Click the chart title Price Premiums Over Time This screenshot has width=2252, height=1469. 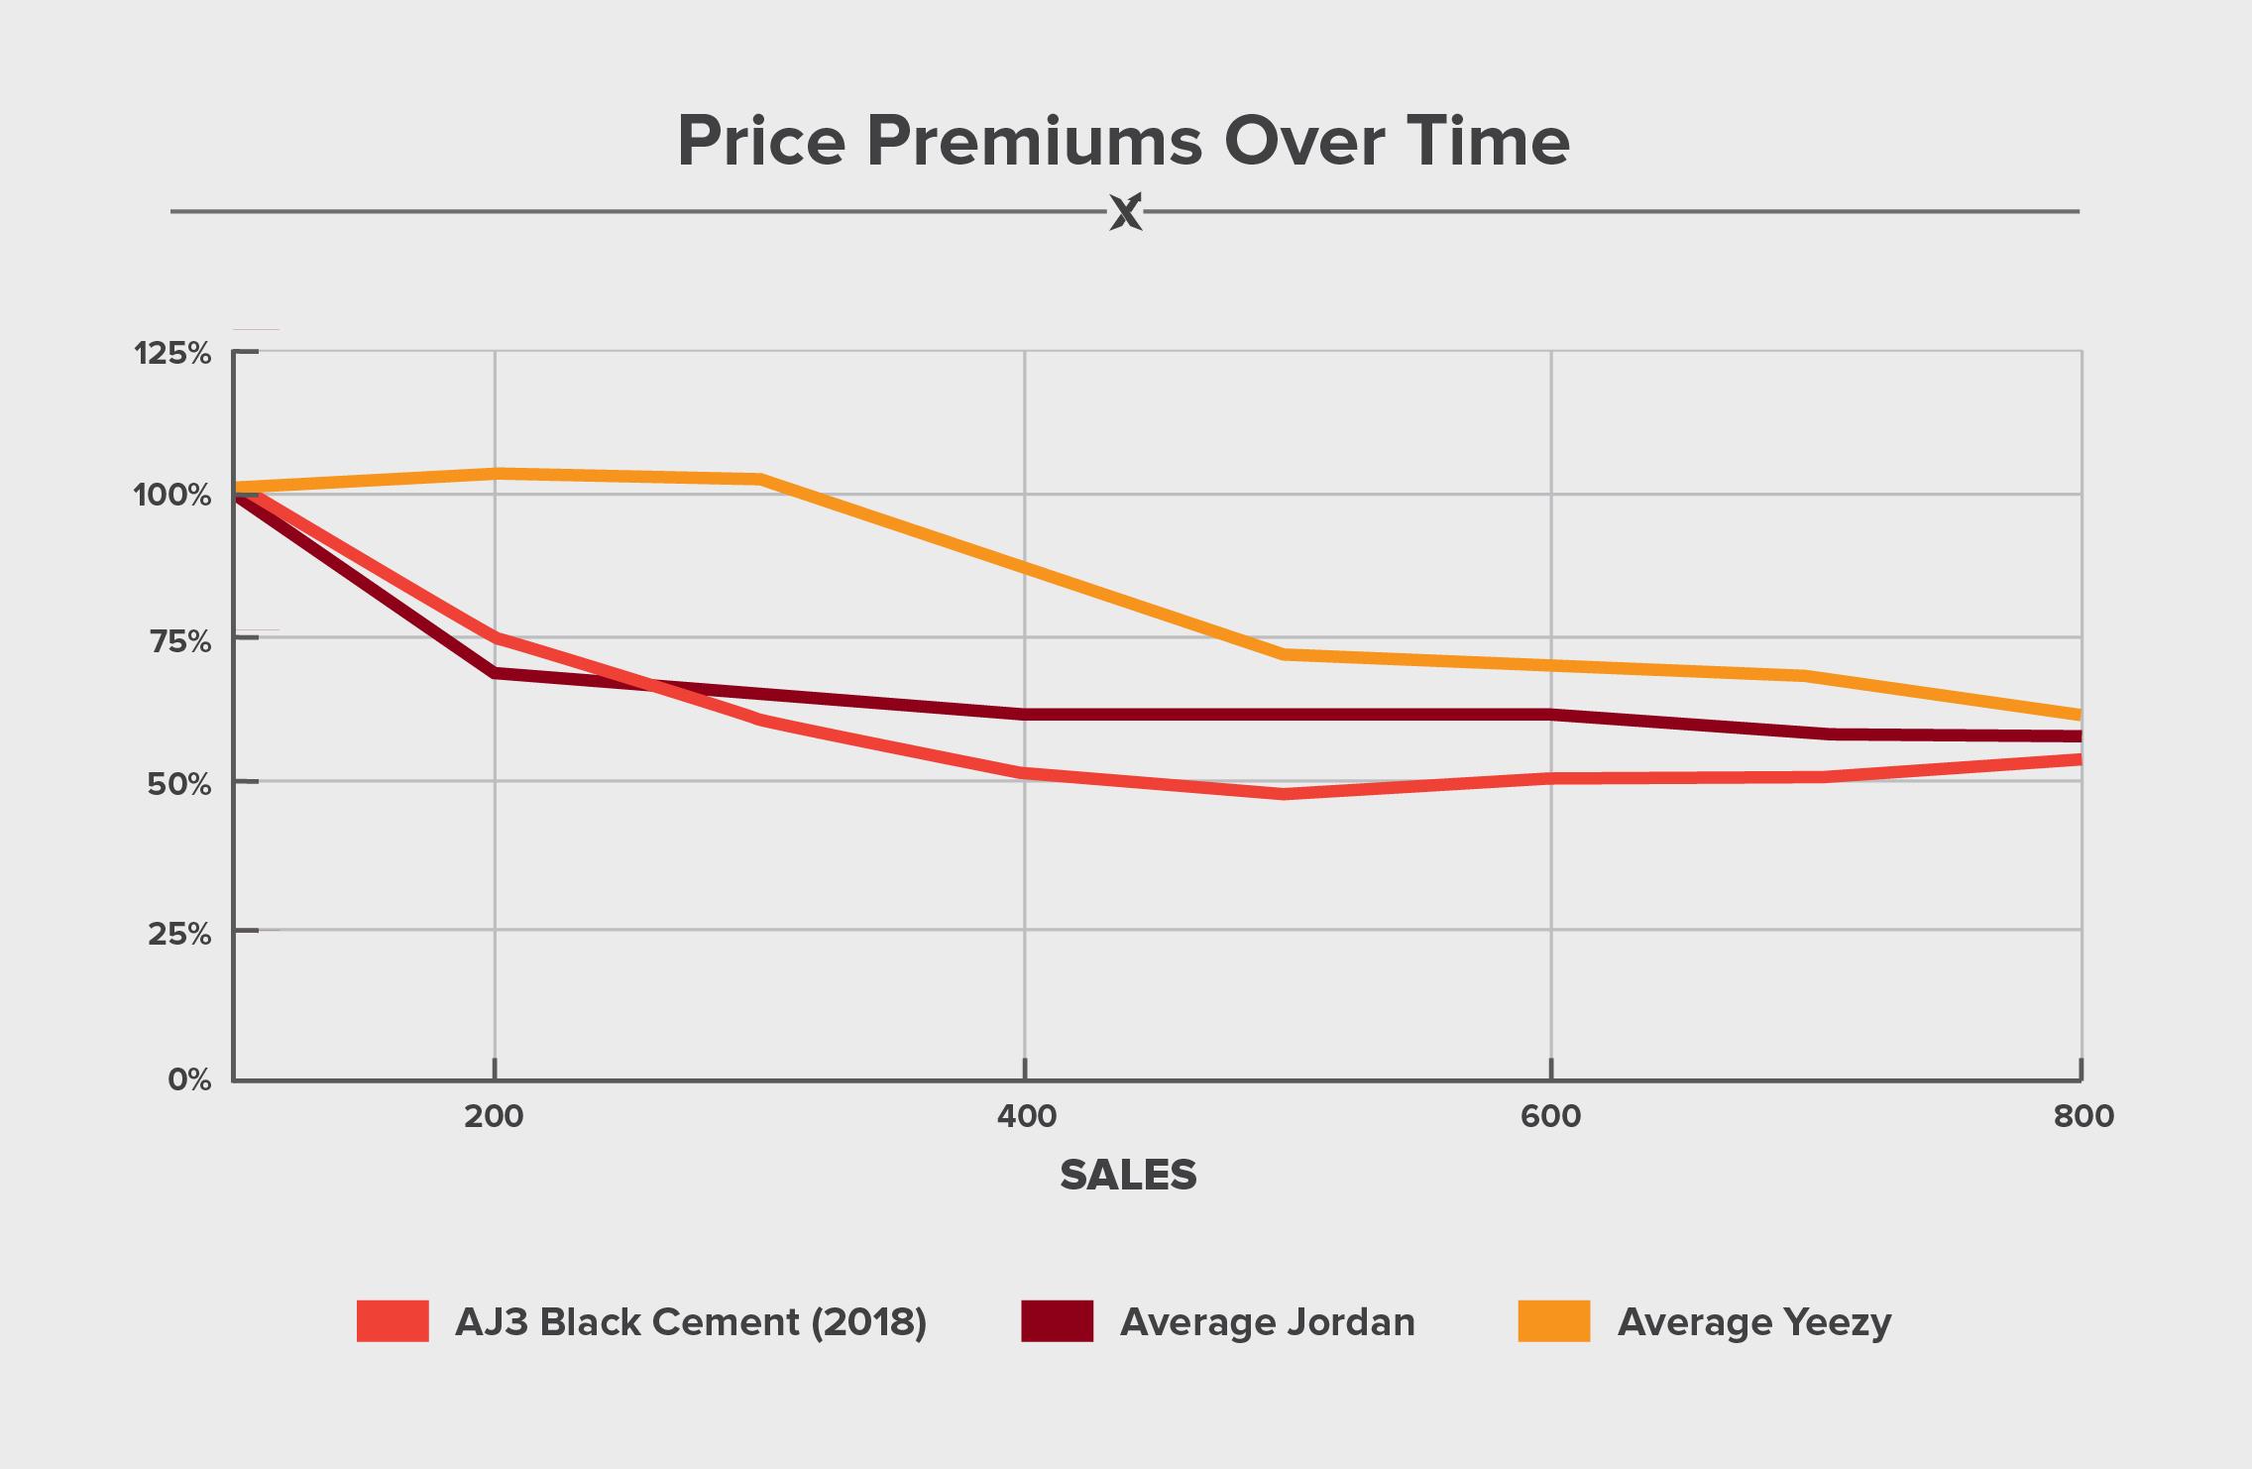1123,142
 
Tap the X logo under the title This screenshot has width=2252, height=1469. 1125,211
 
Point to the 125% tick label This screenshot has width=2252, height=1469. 172,353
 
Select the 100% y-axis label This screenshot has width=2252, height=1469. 172,495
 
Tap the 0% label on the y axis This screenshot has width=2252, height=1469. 188,1079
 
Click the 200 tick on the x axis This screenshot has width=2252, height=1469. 494,1117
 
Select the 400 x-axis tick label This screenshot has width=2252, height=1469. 1026,1117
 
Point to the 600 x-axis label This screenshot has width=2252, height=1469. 1551,1117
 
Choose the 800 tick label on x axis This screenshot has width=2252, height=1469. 2083,1117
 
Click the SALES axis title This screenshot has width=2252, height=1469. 1128,1176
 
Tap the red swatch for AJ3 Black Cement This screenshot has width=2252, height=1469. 393,1321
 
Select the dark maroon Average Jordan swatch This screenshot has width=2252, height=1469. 1057,1321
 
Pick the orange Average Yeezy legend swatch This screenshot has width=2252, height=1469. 1553,1321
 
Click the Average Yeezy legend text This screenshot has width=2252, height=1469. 1754,1322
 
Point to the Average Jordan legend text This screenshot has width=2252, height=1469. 1268,1322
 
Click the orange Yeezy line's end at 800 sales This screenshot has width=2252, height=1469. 2079,715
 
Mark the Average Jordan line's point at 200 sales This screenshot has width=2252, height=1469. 495,673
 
